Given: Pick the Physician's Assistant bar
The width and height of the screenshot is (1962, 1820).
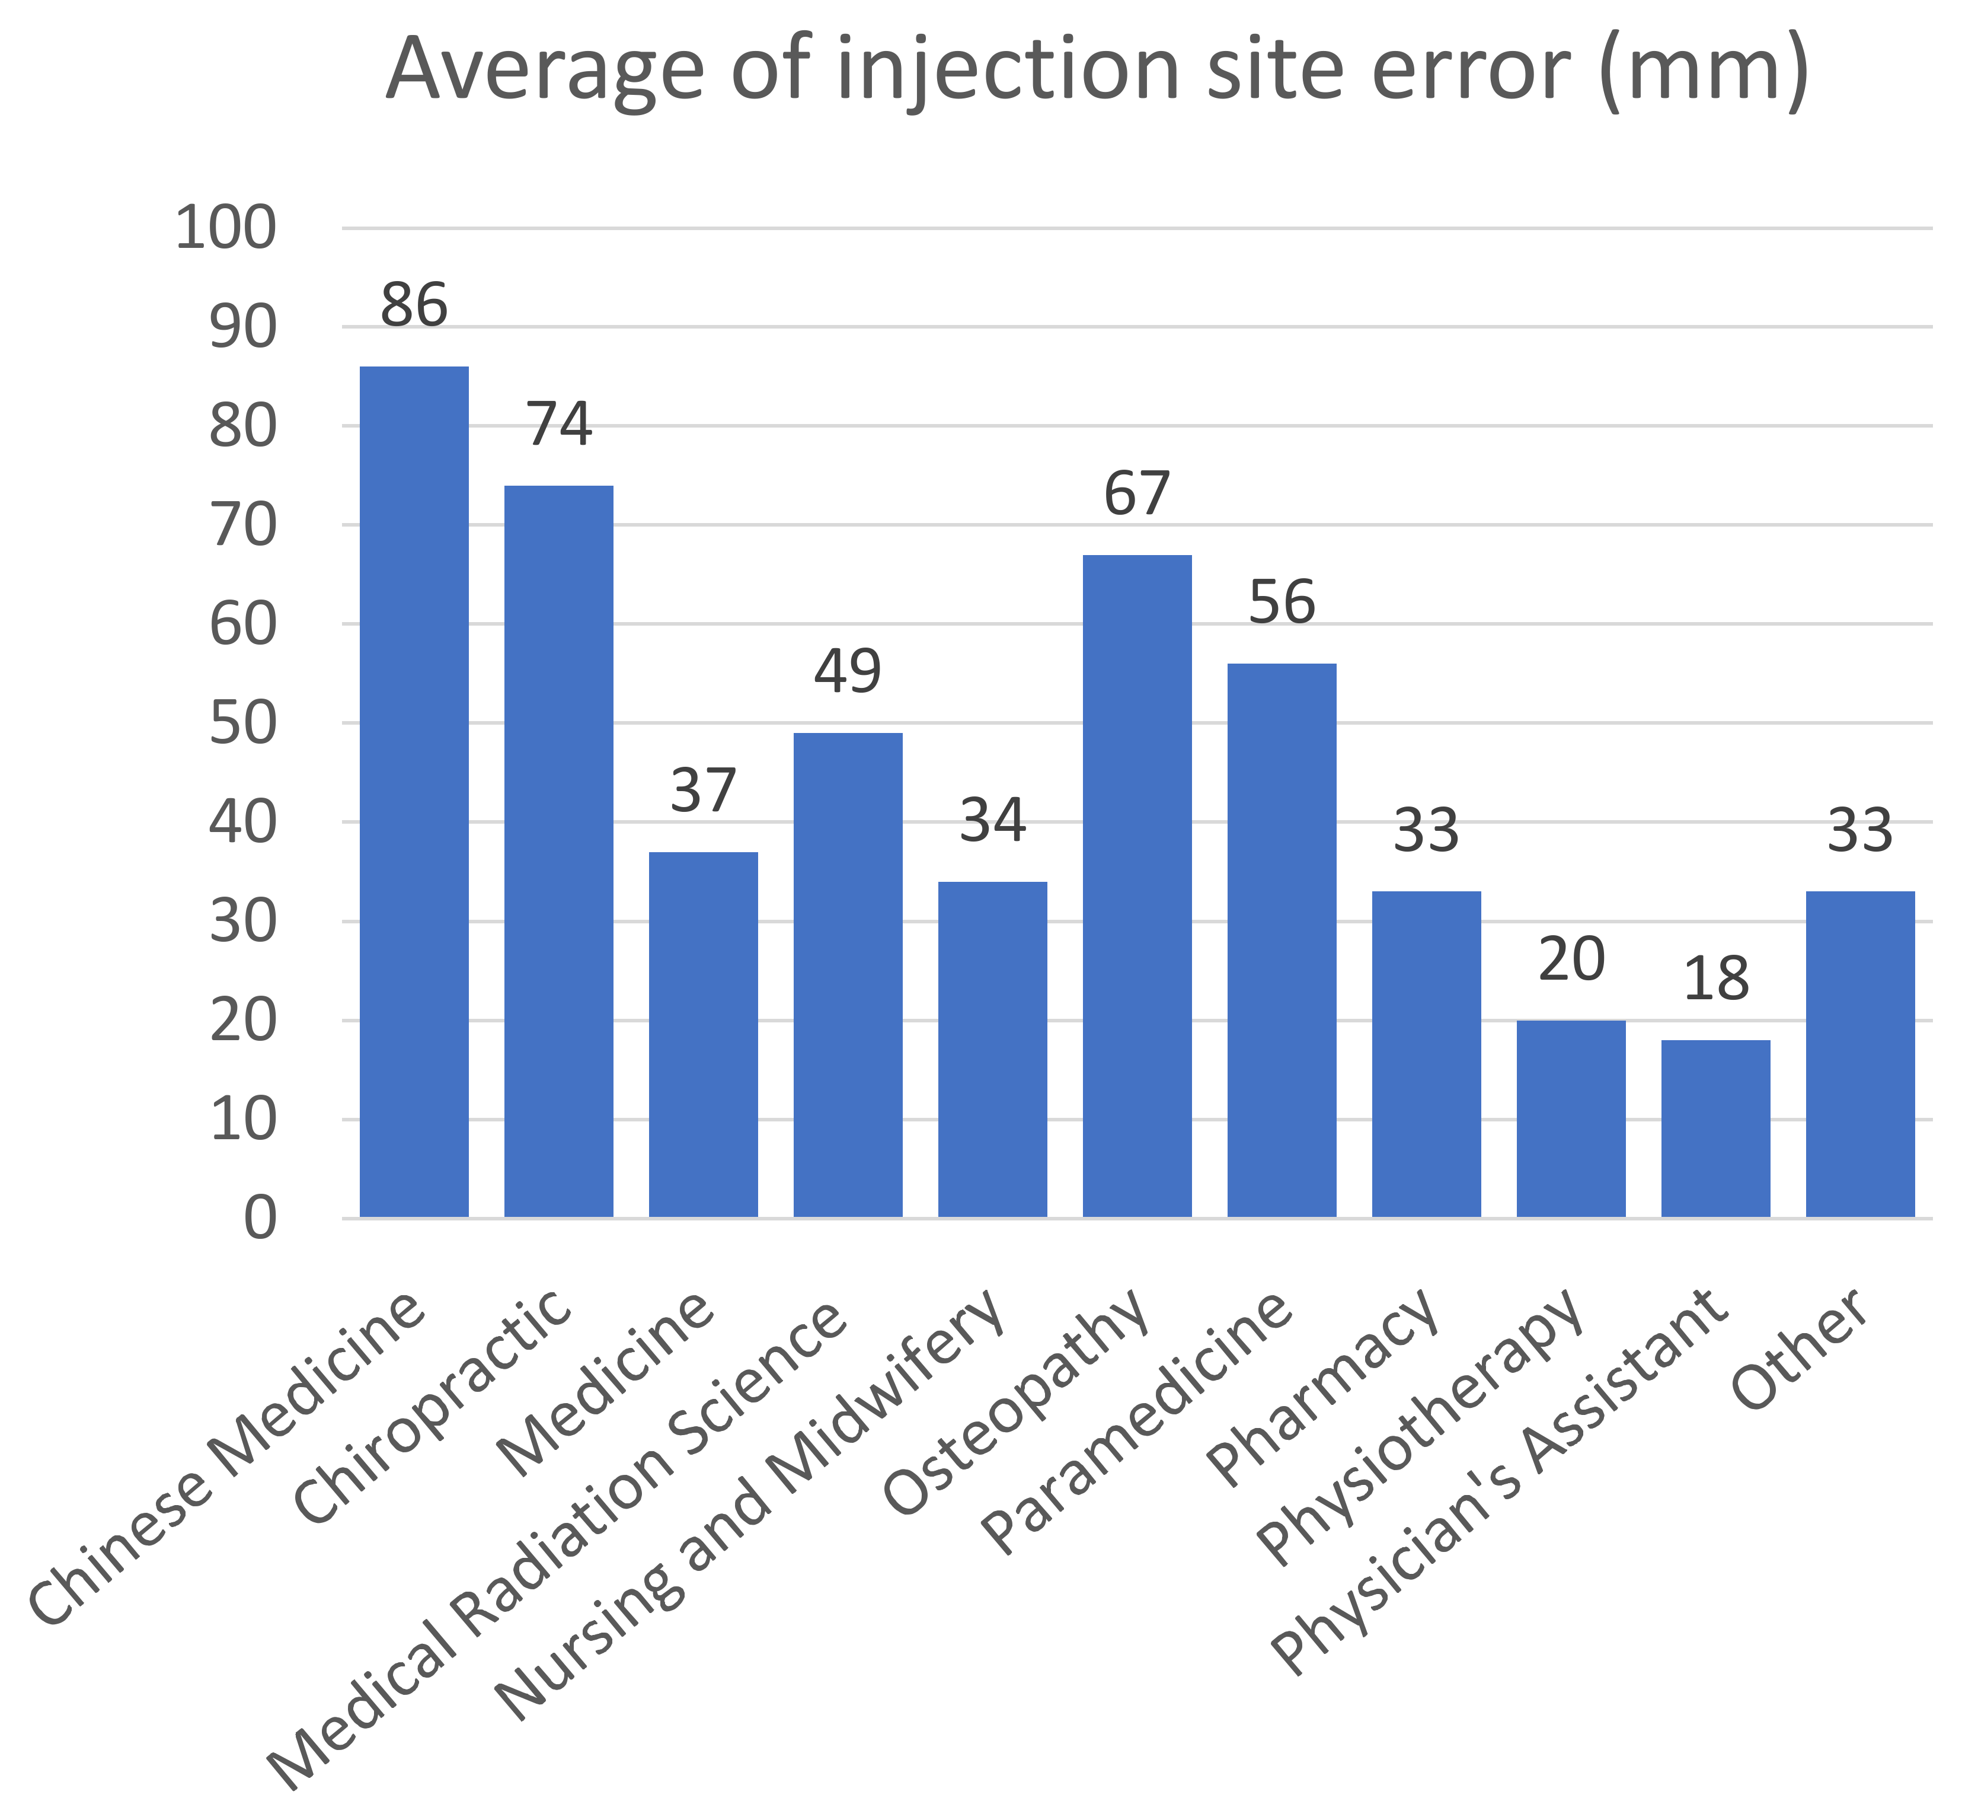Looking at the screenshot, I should [x=1715, y=1128].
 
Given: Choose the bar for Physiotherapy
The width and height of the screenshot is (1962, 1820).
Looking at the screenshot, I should [x=1570, y=1118].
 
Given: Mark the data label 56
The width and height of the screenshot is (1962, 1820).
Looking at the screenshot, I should [x=1282, y=602].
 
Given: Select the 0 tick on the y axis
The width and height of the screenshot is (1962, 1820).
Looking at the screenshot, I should [x=260, y=1218].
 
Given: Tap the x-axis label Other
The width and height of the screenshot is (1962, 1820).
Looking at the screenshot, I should [x=1800, y=1349].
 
